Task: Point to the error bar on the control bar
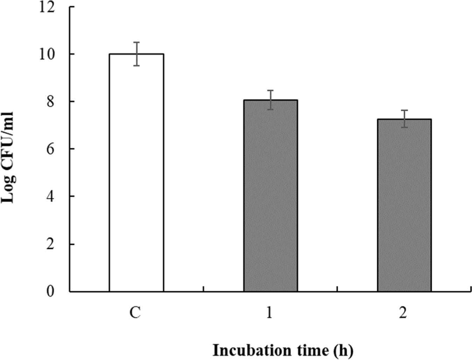pos(136,54)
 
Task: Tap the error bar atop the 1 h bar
pos(270,100)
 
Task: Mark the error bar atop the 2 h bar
pos(404,119)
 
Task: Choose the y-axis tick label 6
pos(51,149)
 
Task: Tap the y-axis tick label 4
pos(51,196)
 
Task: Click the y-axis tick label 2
pos(51,244)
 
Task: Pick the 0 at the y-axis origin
pos(51,291)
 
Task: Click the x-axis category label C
pos(135,312)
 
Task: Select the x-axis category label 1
pos(269,312)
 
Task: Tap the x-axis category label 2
pos(403,312)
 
